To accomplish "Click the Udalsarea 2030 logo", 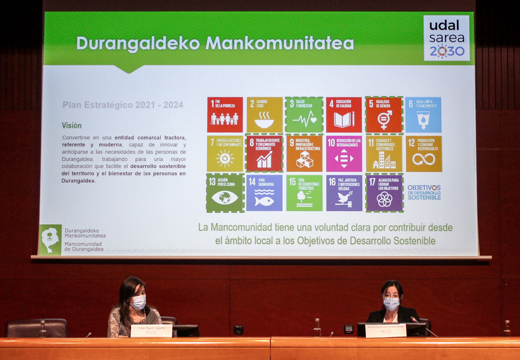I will pos(446,38).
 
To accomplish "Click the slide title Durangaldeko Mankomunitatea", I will pos(215,43).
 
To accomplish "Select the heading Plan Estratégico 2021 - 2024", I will pos(122,105).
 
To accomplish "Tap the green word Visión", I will pos(72,125).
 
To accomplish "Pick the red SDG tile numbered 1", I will pos(225,114).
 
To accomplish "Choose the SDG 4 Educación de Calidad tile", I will pos(344,114).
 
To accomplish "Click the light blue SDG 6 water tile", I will pos(423,114).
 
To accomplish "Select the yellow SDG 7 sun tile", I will pos(225,154).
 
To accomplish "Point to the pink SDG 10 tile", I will pos(344,154).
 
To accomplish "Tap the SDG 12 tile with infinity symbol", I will pos(424,154).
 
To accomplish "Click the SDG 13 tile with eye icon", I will pos(225,193).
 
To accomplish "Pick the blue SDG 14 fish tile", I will pos(264,193).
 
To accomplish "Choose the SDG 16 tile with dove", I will pos(344,193).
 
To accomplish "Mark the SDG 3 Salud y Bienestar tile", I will pos(304,114).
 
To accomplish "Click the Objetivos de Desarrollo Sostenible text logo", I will pos(424,192).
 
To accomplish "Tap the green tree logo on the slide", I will pos(50,239).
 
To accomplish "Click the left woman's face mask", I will pos(138,302).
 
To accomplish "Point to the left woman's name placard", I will pos(151,331).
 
